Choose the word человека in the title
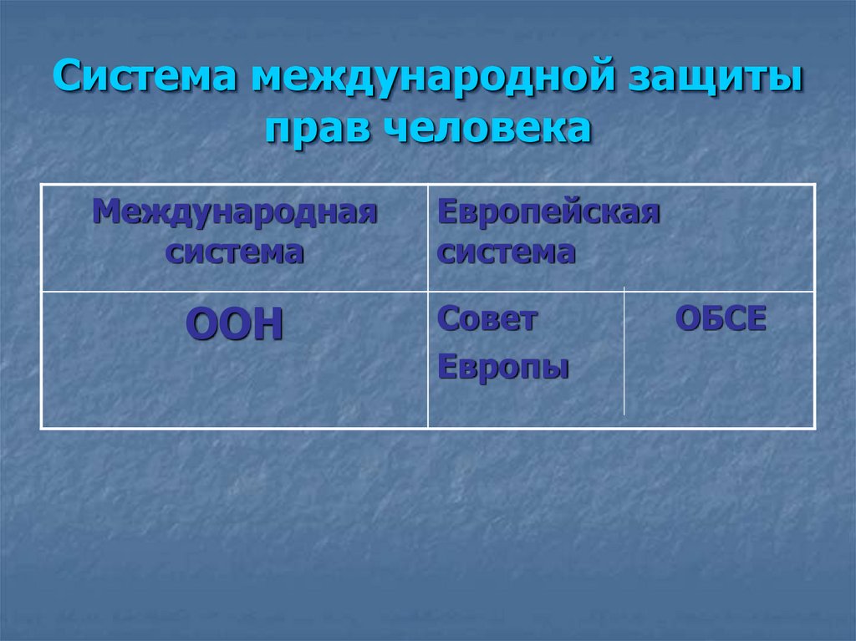pyautogui.click(x=487, y=130)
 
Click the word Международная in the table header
pyautogui.click(x=235, y=212)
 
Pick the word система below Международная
pyautogui.click(x=235, y=252)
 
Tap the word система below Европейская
pyautogui.click(x=507, y=252)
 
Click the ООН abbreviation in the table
pyautogui.click(x=234, y=325)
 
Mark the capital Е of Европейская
pyautogui.click(x=447, y=212)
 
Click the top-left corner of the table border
pyautogui.click(x=42, y=185)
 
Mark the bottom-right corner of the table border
pyautogui.click(x=814, y=429)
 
